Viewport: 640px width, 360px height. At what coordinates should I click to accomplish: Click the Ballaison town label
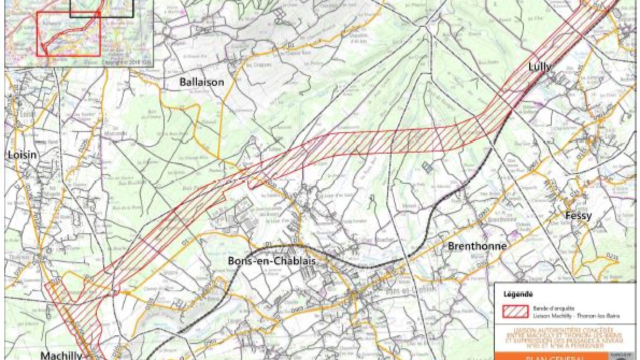click(x=201, y=82)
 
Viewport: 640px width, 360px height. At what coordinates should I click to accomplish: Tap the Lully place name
click(x=540, y=66)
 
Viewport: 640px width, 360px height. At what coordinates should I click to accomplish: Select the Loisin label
click(x=22, y=155)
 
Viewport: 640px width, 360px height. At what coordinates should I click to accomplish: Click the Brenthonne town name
click(x=477, y=246)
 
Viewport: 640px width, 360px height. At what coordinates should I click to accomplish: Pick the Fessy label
click(x=578, y=216)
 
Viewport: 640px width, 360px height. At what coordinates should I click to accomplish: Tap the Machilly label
click(x=61, y=355)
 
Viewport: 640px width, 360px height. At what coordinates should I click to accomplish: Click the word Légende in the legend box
click(x=518, y=294)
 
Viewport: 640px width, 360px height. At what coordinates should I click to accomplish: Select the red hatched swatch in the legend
click(x=515, y=311)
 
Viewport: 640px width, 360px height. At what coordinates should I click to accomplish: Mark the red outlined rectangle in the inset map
click(x=68, y=34)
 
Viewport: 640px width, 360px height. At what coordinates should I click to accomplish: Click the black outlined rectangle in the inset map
click(x=102, y=8)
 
